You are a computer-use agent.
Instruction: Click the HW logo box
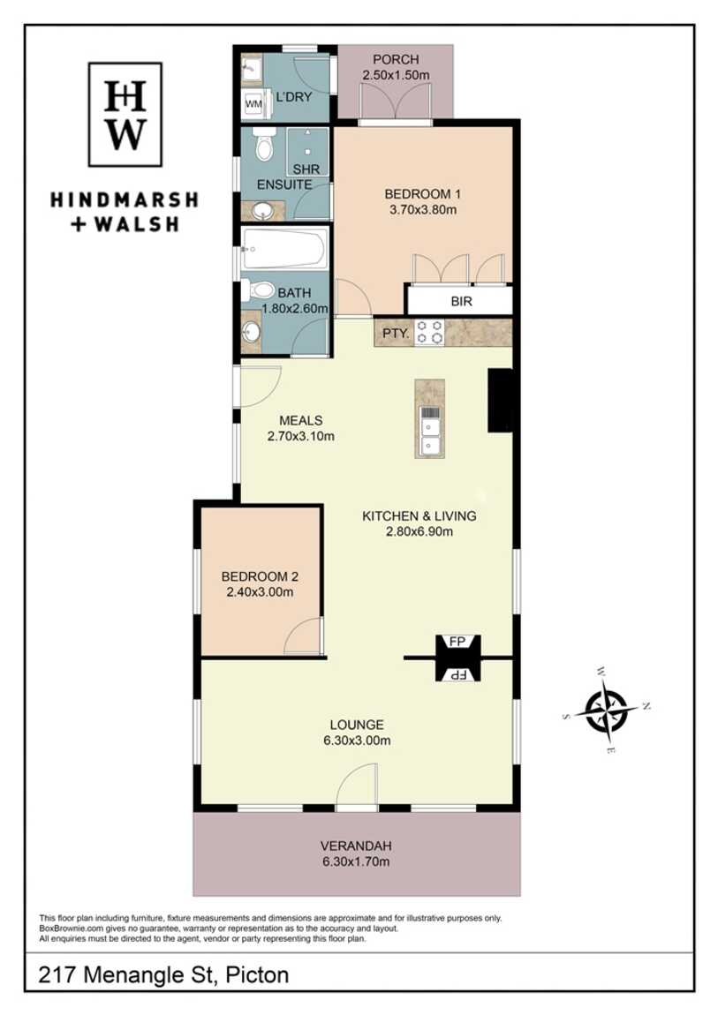click(125, 115)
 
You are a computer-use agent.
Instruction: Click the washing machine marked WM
click(253, 103)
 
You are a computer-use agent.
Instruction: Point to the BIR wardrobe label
click(462, 302)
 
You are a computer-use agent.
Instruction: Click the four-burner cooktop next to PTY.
click(429, 332)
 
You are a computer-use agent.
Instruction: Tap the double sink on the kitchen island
click(429, 429)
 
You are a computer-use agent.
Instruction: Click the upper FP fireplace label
click(457, 642)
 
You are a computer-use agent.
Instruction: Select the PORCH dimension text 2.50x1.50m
click(396, 75)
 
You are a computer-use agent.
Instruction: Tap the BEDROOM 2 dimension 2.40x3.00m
click(260, 592)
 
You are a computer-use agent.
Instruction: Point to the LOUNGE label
click(357, 725)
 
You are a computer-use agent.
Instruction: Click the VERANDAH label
click(356, 846)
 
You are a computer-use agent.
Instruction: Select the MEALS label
click(301, 421)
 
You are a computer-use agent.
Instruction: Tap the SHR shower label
click(306, 169)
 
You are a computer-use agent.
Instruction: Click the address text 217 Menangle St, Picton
click(163, 975)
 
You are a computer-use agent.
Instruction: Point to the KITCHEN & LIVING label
click(419, 516)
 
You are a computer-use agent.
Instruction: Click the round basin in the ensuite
click(263, 211)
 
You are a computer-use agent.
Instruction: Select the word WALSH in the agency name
click(136, 224)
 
